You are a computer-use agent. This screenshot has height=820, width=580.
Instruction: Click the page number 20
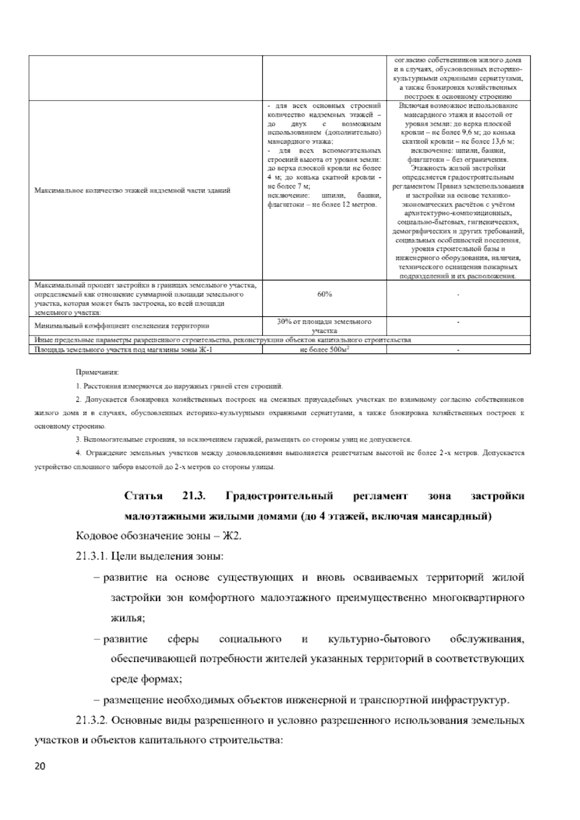pyautogui.click(x=40, y=766)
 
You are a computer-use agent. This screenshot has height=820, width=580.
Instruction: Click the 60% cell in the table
pyautogui.click(x=324, y=294)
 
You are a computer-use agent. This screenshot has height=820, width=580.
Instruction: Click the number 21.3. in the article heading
pyautogui.click(x=194, y=496)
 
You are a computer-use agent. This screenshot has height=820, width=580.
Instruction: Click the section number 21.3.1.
pyautogui.click(x=91, y=556)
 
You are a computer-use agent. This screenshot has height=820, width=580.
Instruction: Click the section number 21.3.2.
pyautogui.click(x=91, y=720)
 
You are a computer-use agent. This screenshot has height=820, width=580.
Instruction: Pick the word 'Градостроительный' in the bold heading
pyautogui.click(x=279, y=496)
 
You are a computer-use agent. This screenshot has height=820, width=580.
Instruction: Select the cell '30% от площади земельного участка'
pyautogui.click(x=324, y=326)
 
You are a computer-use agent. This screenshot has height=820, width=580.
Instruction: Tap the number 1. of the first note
pyautogui.click(x=78, y=386)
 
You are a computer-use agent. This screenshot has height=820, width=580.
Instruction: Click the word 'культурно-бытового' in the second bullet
pyautogui.click(x=379, y=639)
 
